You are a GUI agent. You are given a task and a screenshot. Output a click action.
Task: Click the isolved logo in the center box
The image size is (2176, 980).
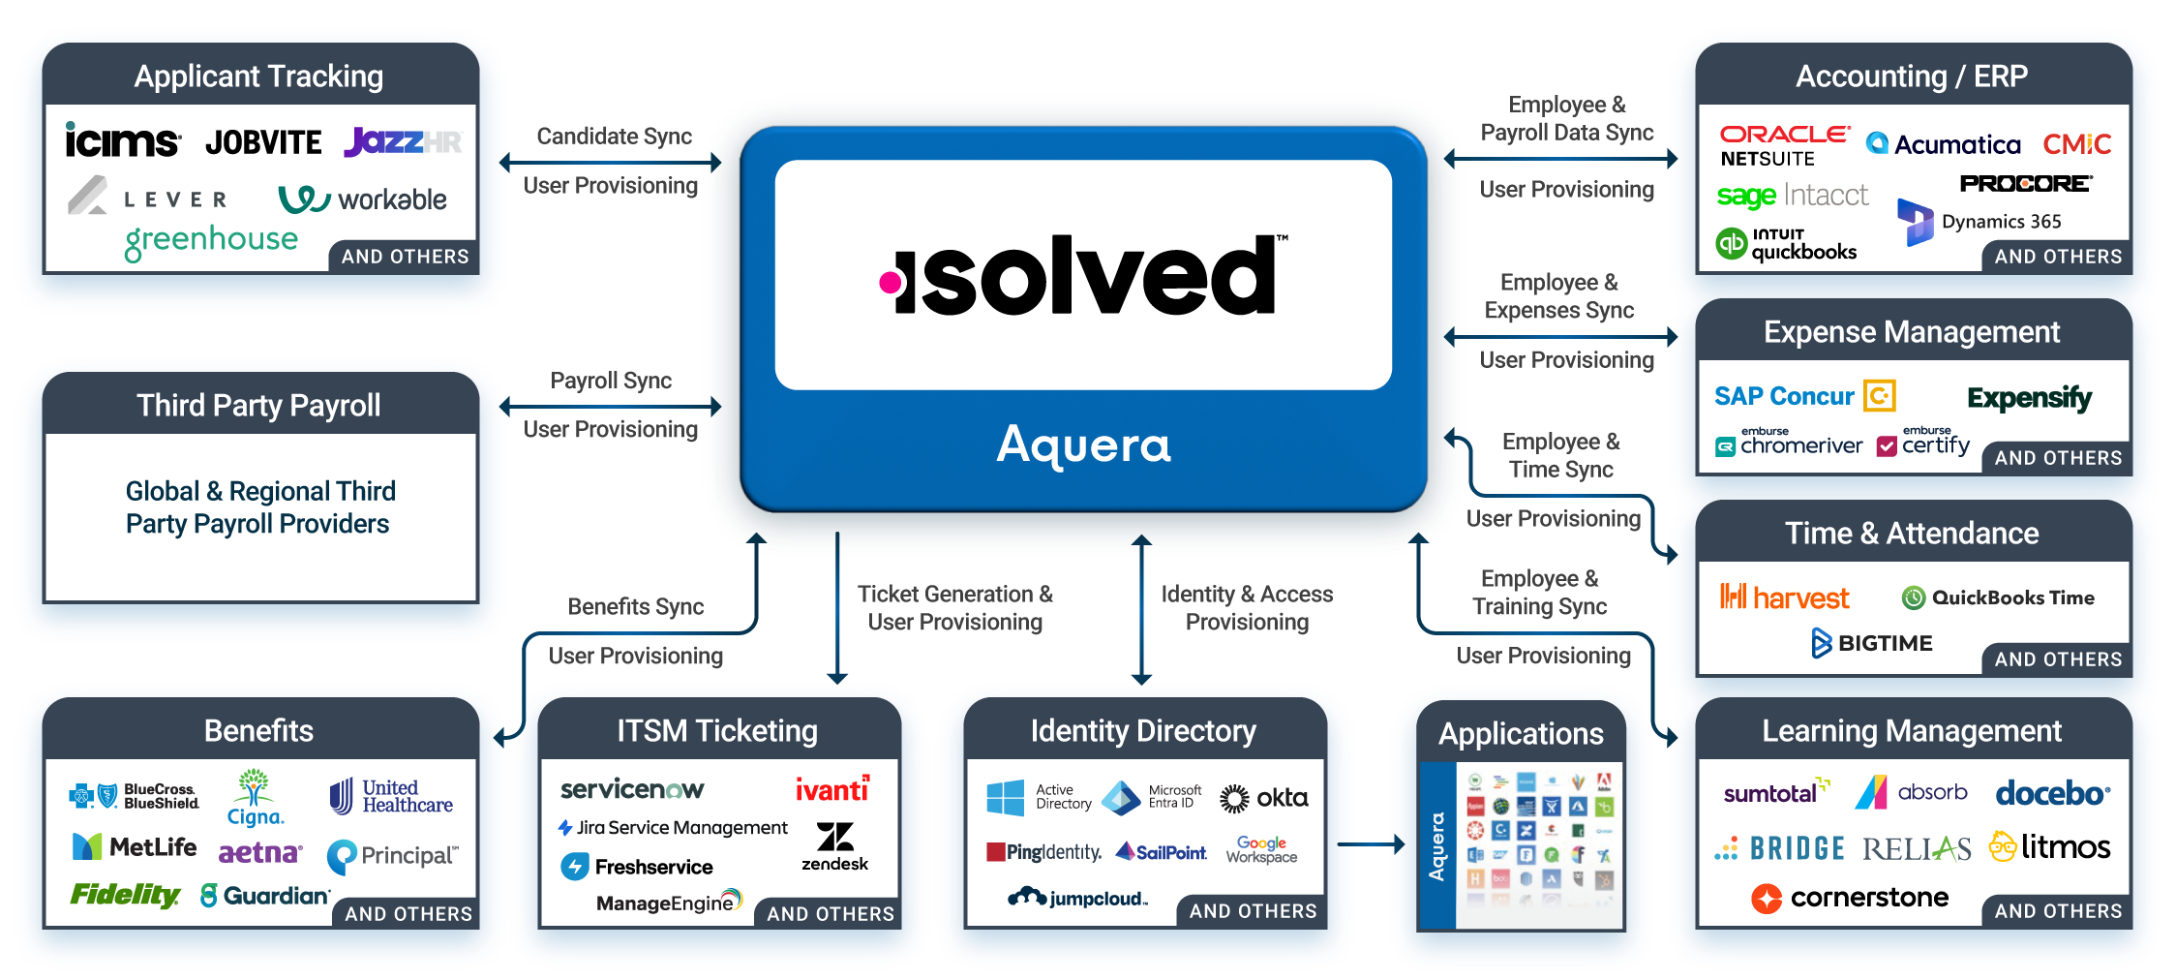(x=1083, y=277)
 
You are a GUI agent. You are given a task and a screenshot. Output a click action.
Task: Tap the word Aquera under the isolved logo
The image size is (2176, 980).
(x=1083, y=445)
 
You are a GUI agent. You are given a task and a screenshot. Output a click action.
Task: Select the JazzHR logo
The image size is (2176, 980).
(x=403, y=142)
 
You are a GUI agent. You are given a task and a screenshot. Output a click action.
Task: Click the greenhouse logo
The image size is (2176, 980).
(x=211, y=240)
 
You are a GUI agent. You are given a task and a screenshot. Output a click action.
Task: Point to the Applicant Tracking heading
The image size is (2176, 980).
(x=258, y=77)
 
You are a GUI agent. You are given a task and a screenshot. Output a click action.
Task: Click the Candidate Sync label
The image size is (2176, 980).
(x=614, y=137)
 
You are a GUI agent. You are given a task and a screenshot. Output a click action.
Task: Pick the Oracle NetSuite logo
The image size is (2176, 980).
(x=1783, y=146)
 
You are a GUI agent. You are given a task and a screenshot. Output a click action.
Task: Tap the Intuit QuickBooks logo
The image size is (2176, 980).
(x=1787, y=244)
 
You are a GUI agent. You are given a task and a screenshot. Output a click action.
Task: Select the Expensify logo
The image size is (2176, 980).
(x=2029, y=398)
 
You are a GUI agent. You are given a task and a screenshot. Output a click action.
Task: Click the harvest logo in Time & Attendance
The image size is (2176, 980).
(x=1784, y=598)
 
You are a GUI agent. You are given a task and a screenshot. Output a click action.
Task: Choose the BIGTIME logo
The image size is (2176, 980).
(x=1872, y=643)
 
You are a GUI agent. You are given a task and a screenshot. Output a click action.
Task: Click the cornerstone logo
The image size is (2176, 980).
(x=1850, y=898)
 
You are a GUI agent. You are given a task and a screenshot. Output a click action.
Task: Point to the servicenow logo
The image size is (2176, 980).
(x=632, y=789)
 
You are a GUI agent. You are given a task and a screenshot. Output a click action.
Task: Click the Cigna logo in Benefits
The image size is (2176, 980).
(x=255, y=798)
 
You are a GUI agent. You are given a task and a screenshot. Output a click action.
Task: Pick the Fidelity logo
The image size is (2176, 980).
(x=125, y=895)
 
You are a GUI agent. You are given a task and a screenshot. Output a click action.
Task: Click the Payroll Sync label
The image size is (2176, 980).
(x=611, y=381)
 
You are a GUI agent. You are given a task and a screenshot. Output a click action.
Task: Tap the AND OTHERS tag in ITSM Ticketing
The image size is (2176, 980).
(x=830, y=913)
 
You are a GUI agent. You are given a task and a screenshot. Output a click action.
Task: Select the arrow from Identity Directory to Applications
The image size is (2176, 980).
(x=1370, y=844)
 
